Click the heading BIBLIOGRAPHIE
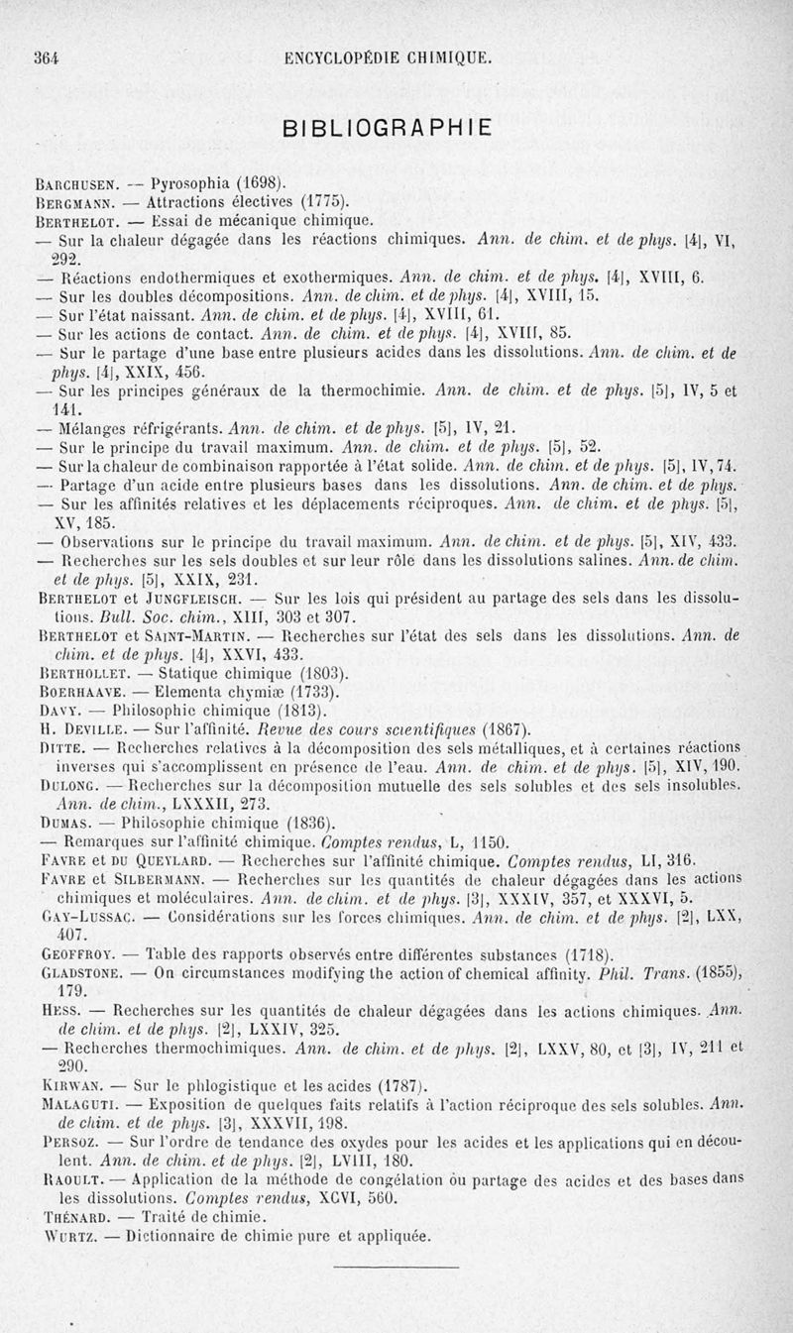coord(388,129)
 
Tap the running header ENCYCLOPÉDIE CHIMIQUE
coord(388,58)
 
